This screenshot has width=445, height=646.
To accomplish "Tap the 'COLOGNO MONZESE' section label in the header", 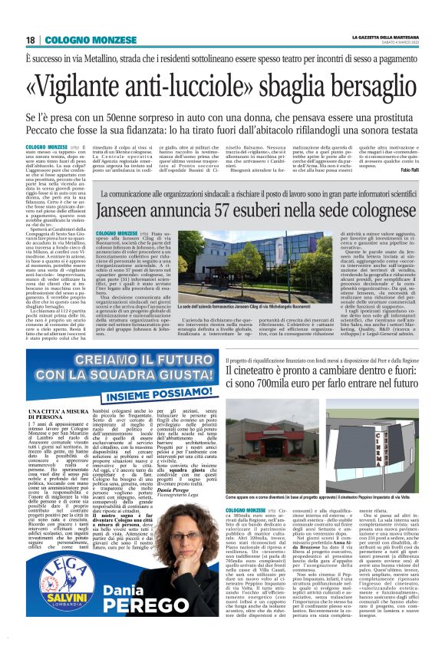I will (x=72, y=40).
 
